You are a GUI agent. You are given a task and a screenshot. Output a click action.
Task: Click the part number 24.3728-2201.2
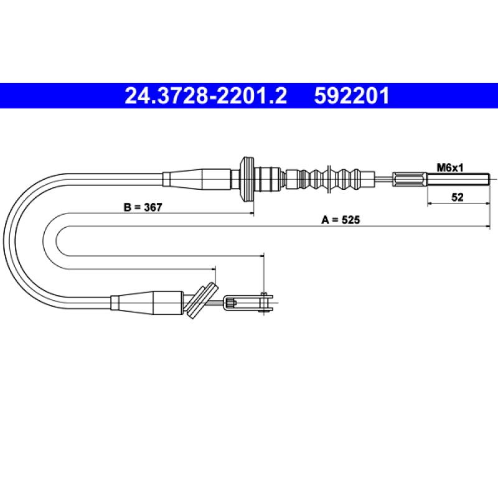click(206, 96)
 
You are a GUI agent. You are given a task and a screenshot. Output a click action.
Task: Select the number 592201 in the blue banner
click(352, 96)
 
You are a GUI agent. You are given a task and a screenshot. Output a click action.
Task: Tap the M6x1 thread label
click(450, 167)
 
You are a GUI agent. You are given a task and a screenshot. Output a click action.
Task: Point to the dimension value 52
click(458, 197)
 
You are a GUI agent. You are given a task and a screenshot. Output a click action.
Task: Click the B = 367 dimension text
click(143, 207)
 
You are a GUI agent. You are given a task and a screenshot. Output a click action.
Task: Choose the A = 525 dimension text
click(341, 220)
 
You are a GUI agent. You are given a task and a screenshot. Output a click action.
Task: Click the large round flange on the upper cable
click(247, 179)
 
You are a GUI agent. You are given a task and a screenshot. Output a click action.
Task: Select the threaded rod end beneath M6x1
click(458, 179)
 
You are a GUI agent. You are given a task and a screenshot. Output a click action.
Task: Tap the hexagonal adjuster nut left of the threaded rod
click(410, 179)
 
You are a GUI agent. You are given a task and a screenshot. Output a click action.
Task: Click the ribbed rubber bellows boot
click(331, 179)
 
